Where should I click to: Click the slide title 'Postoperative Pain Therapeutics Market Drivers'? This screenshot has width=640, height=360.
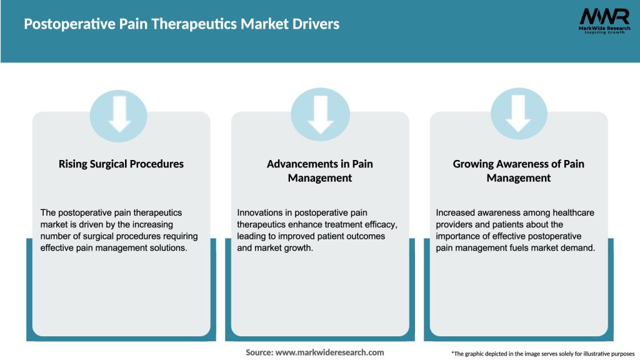coord(181,24)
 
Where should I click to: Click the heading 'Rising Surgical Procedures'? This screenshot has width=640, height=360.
coord(121,164)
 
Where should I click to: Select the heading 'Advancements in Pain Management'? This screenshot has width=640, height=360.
coord(320,171)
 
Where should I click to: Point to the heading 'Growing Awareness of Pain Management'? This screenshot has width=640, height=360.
coord(518,171)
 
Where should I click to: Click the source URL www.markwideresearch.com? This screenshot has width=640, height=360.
coord(330,352)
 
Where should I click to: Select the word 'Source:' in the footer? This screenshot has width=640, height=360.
coord(259,352)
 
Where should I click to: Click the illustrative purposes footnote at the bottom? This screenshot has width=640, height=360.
coord(542,354)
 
